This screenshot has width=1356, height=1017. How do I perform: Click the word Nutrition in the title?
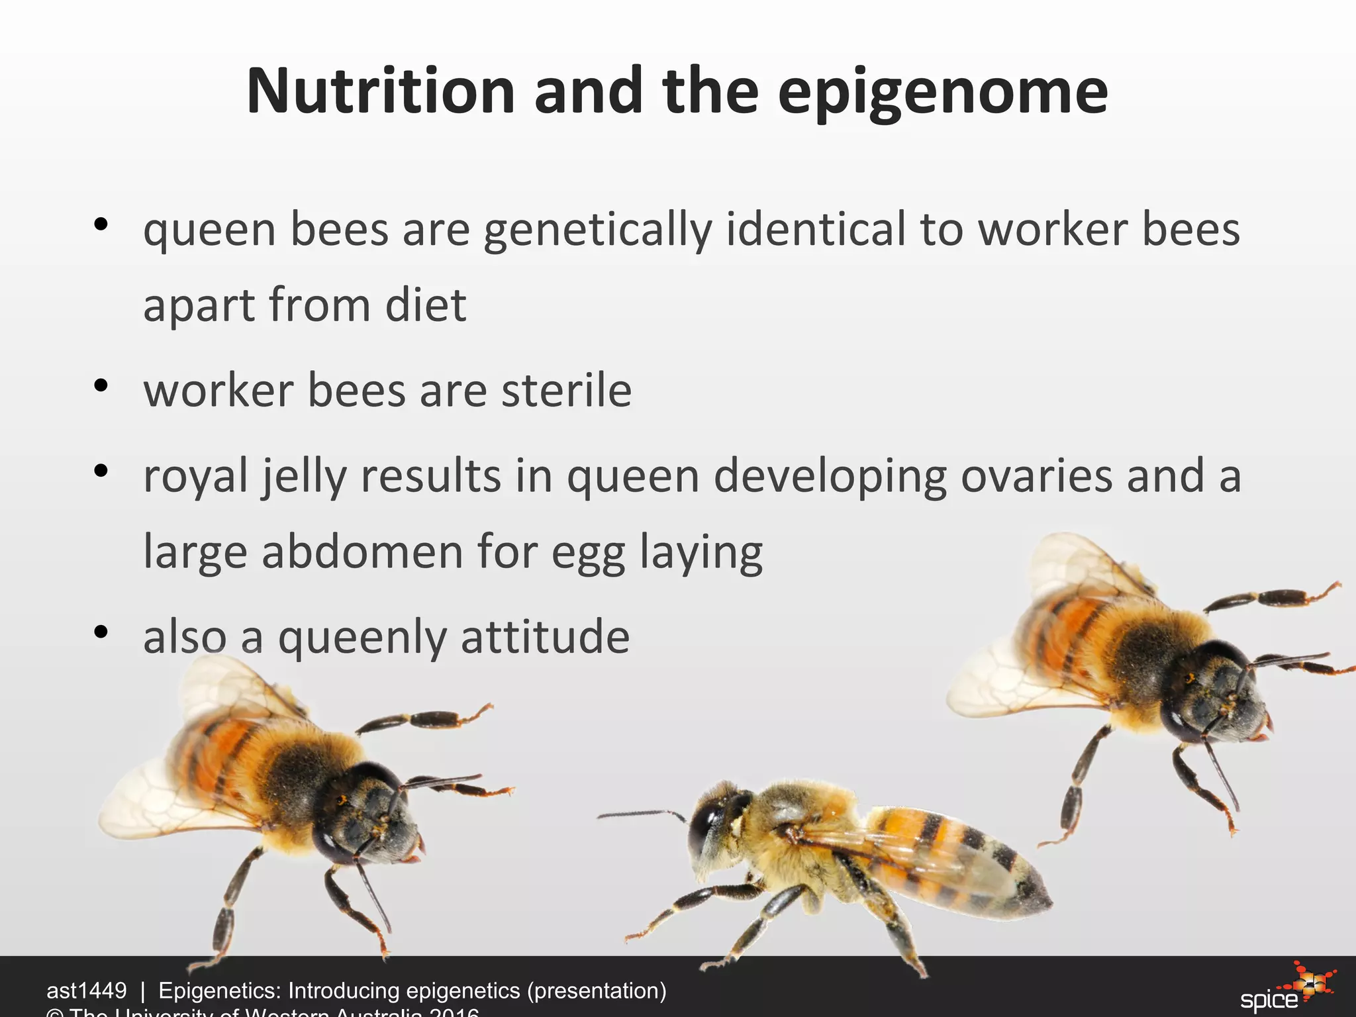[380, 91]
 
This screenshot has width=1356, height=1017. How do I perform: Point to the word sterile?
[566, 391]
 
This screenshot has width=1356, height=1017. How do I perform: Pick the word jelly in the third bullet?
[303, 477]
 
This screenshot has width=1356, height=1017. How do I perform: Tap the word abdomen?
[362, 552]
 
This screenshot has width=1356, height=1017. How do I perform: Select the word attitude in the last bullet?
[544, 637]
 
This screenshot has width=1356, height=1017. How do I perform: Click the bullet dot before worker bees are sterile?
[101, 386]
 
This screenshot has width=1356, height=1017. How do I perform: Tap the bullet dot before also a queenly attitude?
[101, 632]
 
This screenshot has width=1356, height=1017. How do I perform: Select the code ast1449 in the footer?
[86, 991]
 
